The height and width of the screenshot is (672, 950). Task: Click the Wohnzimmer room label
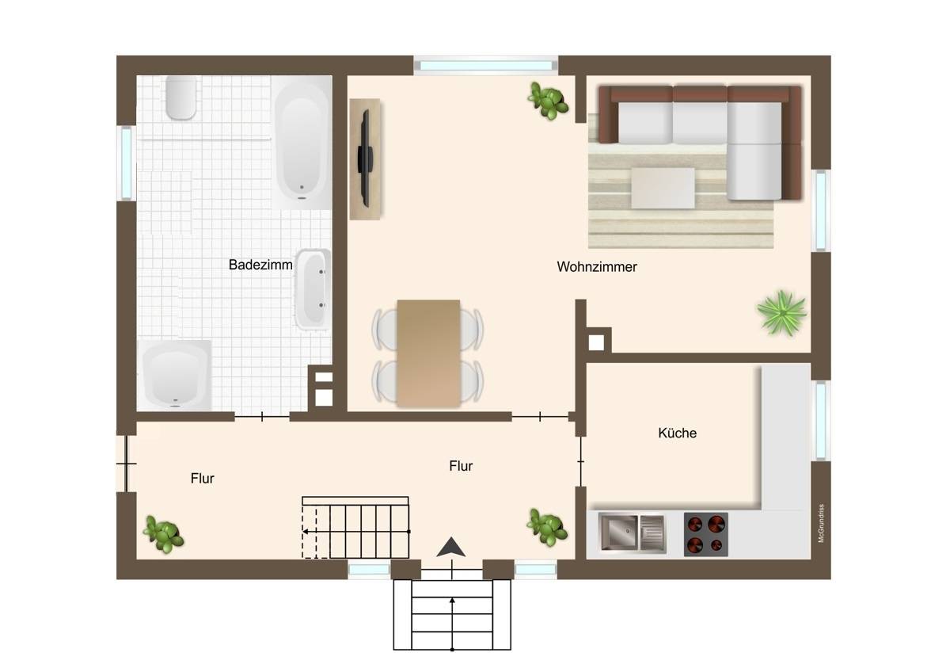point(597,266)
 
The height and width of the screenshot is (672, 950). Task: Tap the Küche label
point(678,433)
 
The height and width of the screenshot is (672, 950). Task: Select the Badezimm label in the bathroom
point(260,265)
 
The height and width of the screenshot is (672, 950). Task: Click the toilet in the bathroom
point(181,97)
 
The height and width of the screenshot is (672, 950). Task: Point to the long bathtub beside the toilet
point(302,143)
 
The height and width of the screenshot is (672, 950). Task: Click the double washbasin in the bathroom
point(313,289)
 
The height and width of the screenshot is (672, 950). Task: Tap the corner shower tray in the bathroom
point(174,376)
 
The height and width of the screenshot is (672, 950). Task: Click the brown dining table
point(428,353)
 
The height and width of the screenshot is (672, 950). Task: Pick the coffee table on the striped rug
point(663,188)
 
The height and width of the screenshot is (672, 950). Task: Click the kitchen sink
point(632,533)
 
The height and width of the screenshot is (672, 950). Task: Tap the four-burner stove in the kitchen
point(705,534)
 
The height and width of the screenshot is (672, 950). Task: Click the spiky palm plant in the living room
point(782,313)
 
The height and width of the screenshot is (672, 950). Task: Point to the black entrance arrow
point(451,547)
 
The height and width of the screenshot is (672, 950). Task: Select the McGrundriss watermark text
point(821,524)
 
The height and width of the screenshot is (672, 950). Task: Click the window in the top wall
point(485,65)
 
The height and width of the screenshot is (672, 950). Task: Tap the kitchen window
point(821,420)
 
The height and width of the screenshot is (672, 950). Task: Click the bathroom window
point(127,163)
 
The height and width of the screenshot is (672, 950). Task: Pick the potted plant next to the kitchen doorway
point(547,527)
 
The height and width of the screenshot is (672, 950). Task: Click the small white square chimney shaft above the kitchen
point(596,342)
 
